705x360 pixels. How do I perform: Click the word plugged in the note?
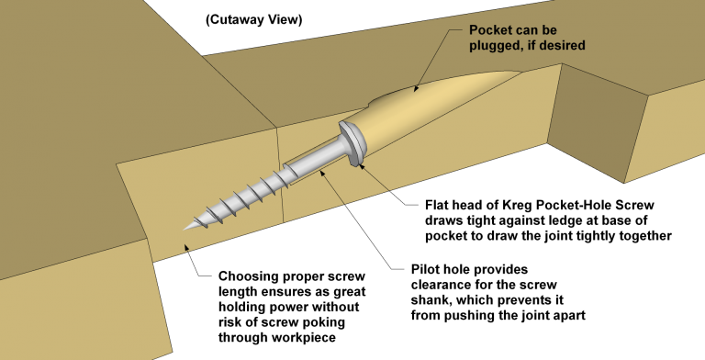(498, 45)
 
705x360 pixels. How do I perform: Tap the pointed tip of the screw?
(188, 226)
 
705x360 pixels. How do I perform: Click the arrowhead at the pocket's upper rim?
(416, 88)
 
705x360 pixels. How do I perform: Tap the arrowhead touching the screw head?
(362, 165)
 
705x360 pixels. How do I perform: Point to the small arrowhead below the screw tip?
(187, 246)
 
